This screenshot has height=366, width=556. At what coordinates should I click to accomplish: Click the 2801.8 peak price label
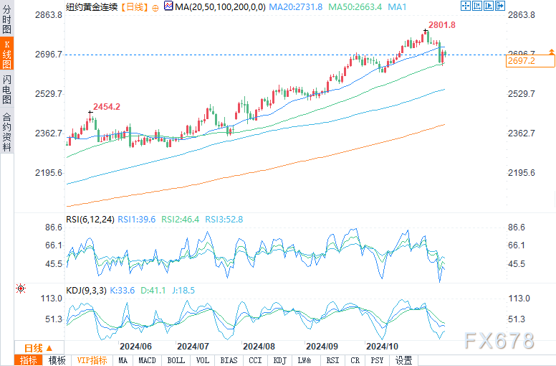(x=442, y=25)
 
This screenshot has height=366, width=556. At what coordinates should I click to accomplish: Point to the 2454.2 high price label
(x=105, y=107)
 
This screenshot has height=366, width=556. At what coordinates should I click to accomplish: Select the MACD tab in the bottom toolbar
(x=147, y=360)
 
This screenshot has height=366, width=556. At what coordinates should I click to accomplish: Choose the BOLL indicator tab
(x=176, y=360)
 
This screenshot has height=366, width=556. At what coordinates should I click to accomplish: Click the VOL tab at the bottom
(x=203, y=360)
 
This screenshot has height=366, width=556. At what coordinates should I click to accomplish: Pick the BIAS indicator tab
(x=229, y=360)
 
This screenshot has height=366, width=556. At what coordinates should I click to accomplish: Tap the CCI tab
(x=255, y=360)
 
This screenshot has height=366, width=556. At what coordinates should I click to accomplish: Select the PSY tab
(x=378, y=360)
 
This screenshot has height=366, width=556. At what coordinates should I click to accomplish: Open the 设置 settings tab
(x=403, y=360)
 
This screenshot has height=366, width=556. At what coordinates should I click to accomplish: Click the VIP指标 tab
(x=92, y=360)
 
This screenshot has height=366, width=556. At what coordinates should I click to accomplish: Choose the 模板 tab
(x=57, y=360)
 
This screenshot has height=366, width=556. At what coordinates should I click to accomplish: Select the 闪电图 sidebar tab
(x=6, y=90)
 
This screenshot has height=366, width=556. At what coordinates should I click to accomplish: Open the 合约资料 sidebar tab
(x=6, y=132)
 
